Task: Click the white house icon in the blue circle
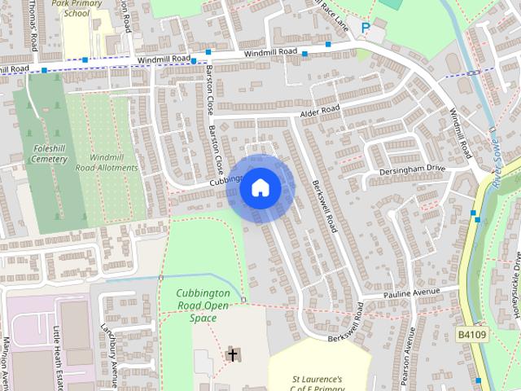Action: tap(260, 188)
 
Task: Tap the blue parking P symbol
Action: tap(366, 29)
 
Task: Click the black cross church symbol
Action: tap(232, 354)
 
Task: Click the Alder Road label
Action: tap(319, 111)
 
